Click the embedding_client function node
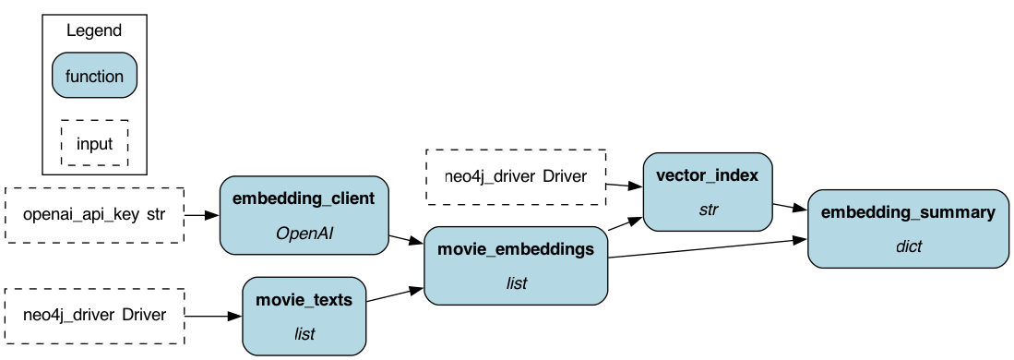click(x=304, y=216)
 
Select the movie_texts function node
click(x=304, y=316)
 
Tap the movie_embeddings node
click(x=516, y=267)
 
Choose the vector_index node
click(x=708, y=191)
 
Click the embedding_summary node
click(x=908, y=228)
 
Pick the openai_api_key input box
click(x=95, y=216)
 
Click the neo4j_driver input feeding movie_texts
click(x=95, y=315)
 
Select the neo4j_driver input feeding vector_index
click(x=515, y=176)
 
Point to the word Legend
click(x=94, y=30)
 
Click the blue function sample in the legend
click(x=94, y=76)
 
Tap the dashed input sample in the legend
click(x=94, y=143)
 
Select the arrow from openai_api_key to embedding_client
click(x=202, y=216)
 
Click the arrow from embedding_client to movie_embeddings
click(x=406, y=241)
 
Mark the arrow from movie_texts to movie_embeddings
click(x=395, y=296)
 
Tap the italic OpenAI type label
click(x=304, y=234)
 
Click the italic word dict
click(x=908, y=246)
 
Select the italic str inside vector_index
click(x=708, y=210)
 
